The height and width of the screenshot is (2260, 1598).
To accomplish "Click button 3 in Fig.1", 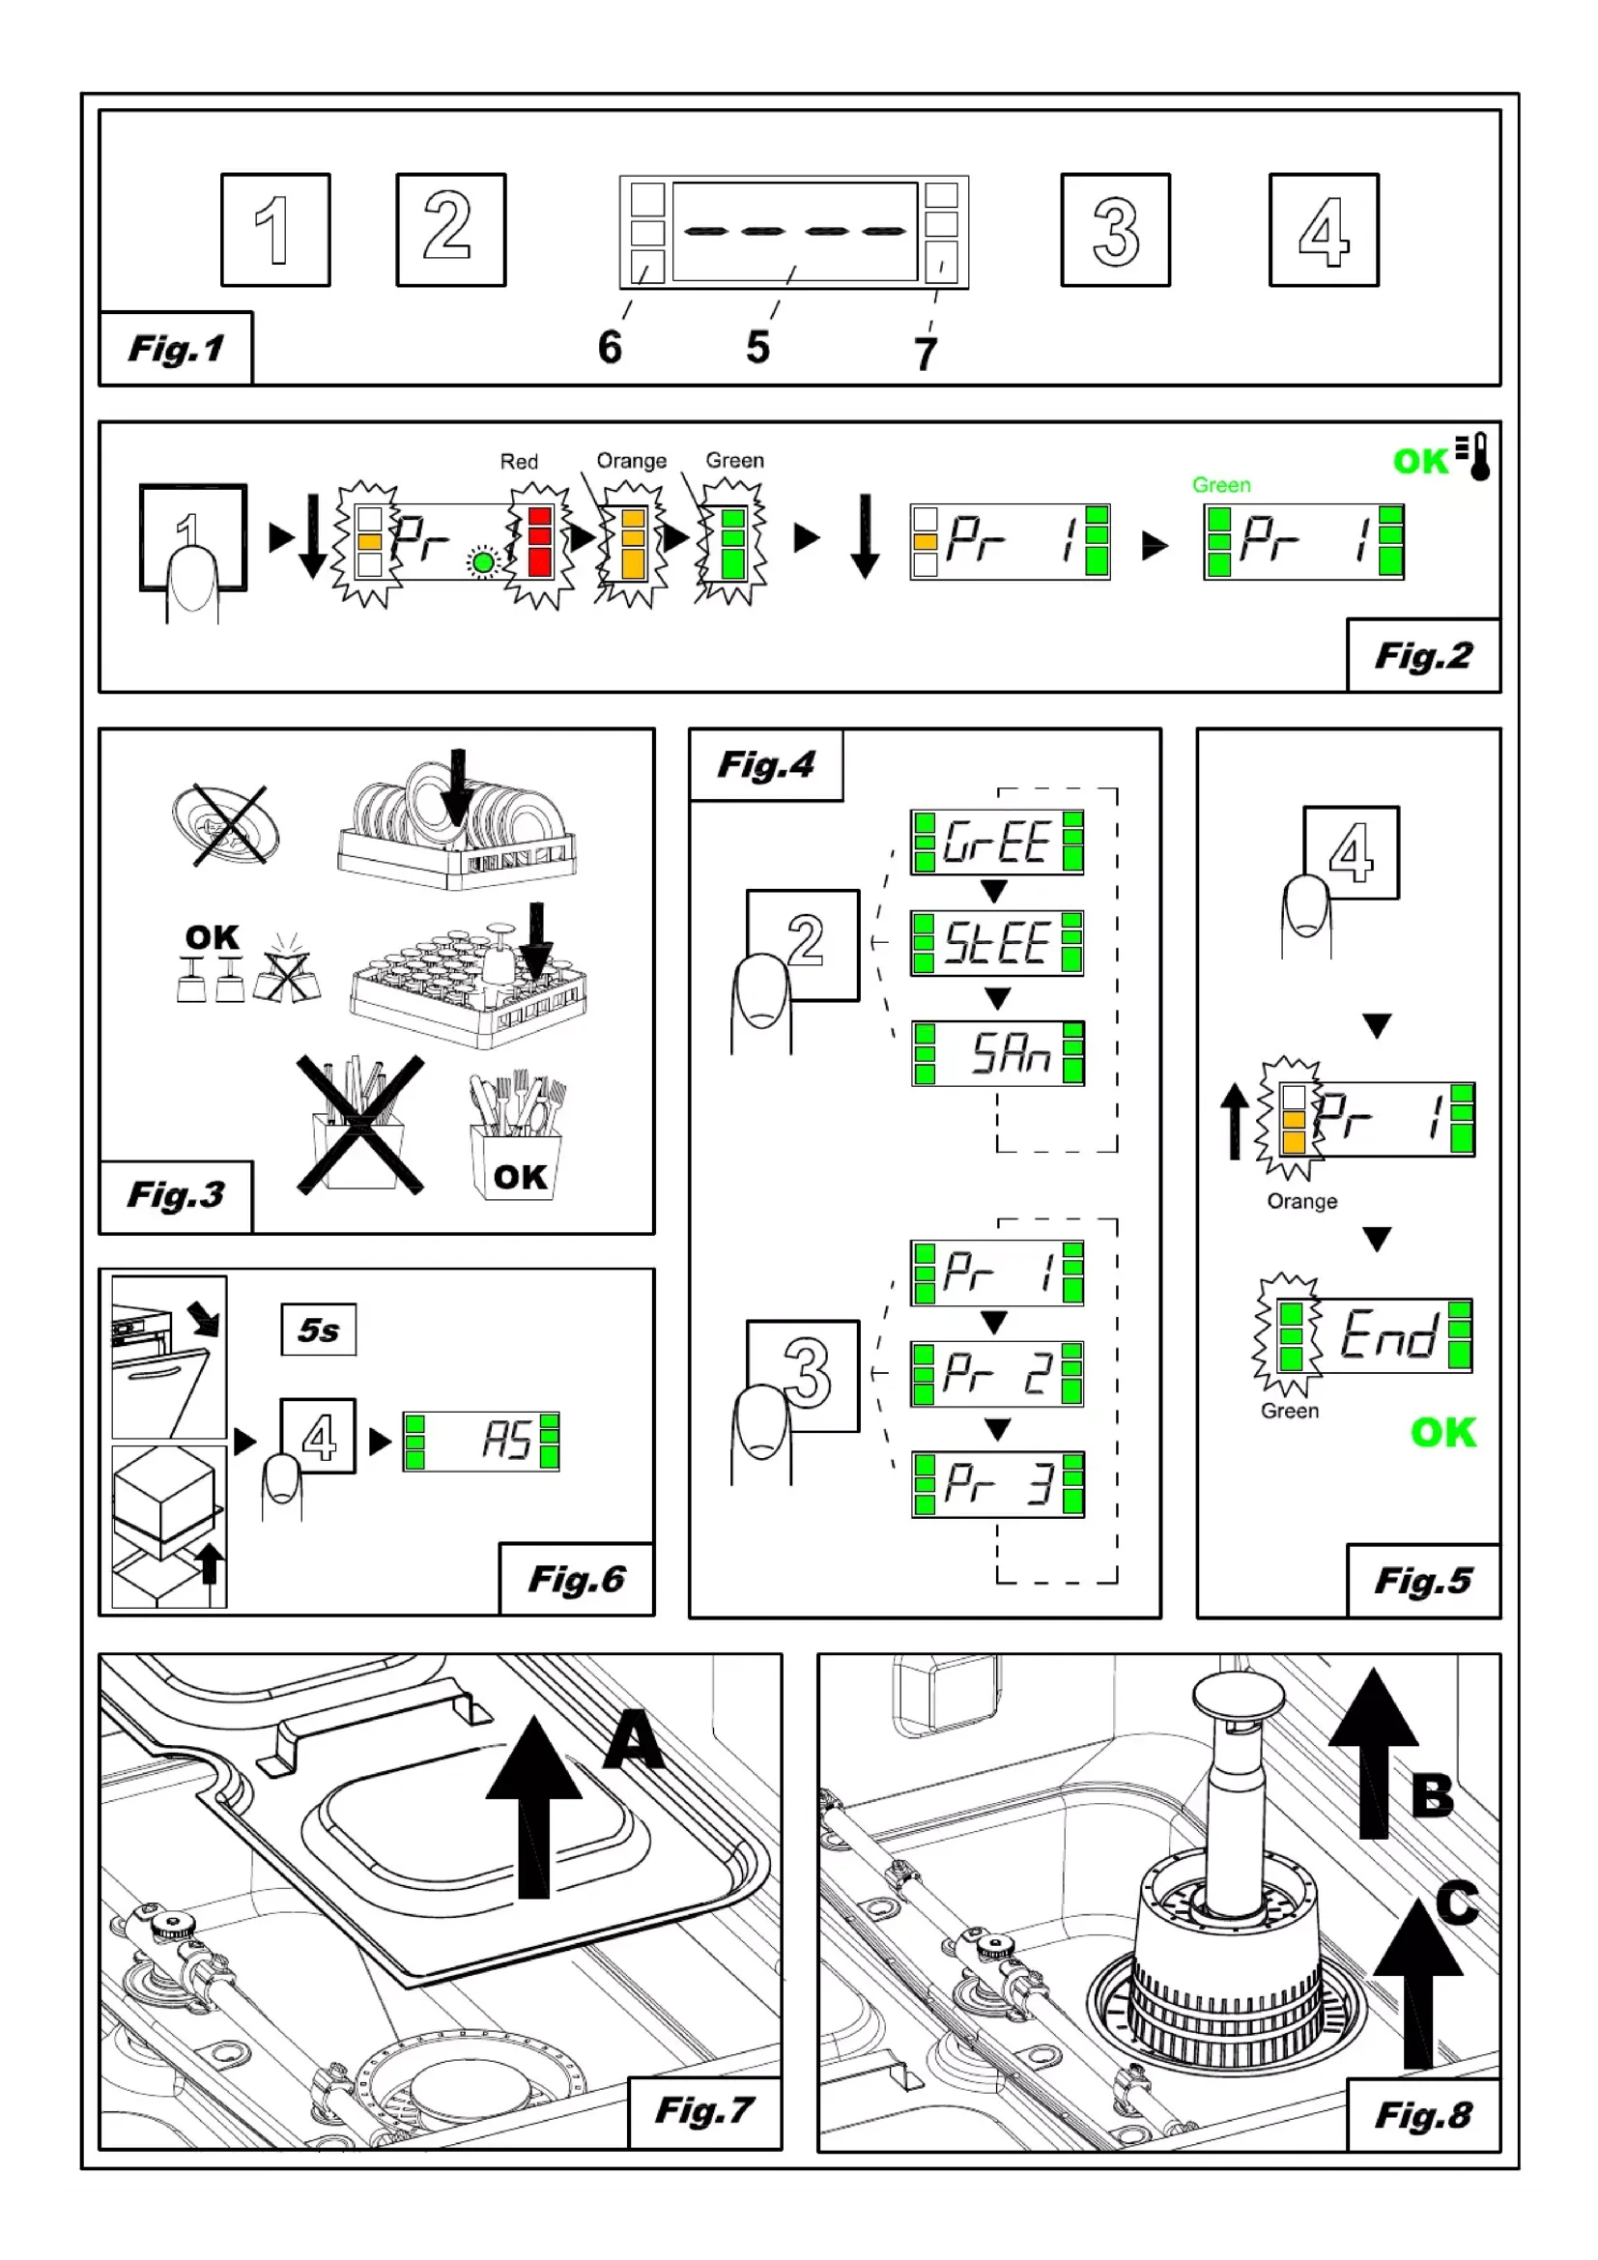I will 1115,230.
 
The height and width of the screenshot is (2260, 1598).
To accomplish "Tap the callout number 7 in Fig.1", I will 925,355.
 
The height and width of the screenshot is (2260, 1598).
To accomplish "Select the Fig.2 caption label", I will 1423,655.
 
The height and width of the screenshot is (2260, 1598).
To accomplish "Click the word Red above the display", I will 519,462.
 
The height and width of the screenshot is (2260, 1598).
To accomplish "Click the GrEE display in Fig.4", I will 997,843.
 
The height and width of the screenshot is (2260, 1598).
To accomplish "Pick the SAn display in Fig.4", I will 998,1053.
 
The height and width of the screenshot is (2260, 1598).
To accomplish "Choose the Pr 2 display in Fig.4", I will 997,1374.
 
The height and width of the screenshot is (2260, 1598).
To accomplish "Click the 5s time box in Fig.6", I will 319,1330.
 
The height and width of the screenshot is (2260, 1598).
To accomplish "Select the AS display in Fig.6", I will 481,1442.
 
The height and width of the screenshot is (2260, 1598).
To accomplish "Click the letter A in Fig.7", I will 634,1740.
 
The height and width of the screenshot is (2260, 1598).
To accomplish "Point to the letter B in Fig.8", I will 1432,1795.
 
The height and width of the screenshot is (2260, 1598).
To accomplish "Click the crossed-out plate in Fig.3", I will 227,825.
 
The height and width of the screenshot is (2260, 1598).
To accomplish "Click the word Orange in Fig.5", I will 1301,1202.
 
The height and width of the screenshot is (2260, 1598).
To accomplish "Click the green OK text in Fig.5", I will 1442,1433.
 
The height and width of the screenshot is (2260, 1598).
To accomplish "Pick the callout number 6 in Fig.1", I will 610,348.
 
